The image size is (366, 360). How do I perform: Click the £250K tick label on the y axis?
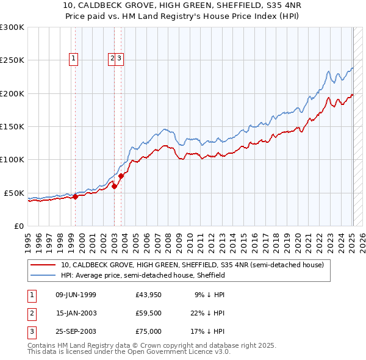click(12, 60)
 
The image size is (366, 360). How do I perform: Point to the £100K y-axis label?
click(12, 159)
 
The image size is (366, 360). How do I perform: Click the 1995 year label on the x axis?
click(28, 238)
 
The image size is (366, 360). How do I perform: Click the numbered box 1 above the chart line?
click(73, 59)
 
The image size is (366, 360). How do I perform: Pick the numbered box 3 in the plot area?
click(120, 59)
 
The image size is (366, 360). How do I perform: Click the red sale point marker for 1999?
click(75, 196)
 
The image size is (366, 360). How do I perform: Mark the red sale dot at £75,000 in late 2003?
click(121, 176)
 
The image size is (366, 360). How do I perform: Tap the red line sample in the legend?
click(43, 265)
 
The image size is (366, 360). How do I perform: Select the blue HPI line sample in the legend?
click(43, 276)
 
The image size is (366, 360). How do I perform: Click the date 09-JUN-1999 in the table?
click(76, 295)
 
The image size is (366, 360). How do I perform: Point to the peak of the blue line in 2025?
click(353, 67)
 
